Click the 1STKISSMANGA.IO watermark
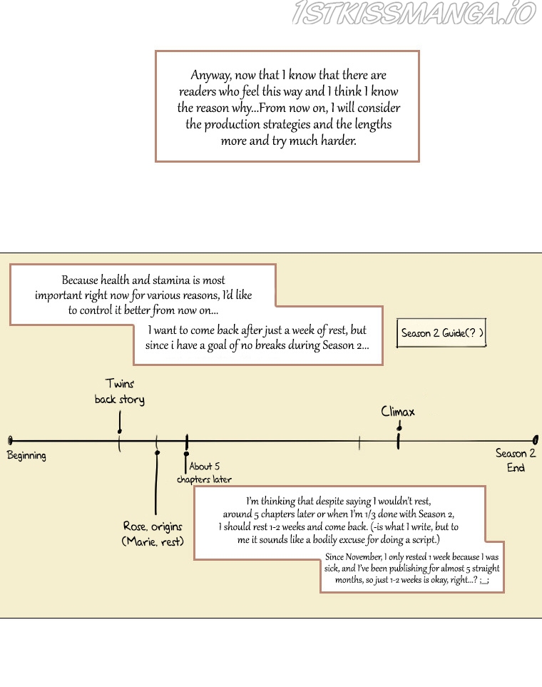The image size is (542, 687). (414, 13)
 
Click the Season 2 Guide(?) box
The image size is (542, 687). (441, 333)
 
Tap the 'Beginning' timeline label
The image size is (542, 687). (26, 456)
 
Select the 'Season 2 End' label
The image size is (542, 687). (516, 460)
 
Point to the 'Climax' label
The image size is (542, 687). (397, 412)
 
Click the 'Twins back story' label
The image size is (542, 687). (120, 391)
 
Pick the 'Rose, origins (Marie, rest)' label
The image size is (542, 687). (153, 534)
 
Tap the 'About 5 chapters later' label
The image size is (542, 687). (204, 472)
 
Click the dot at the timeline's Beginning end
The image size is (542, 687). (11, 440)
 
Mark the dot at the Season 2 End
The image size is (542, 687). (536, 439)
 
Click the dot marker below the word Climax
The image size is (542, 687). (399, 427)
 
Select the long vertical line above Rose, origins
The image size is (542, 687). (156, 482)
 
